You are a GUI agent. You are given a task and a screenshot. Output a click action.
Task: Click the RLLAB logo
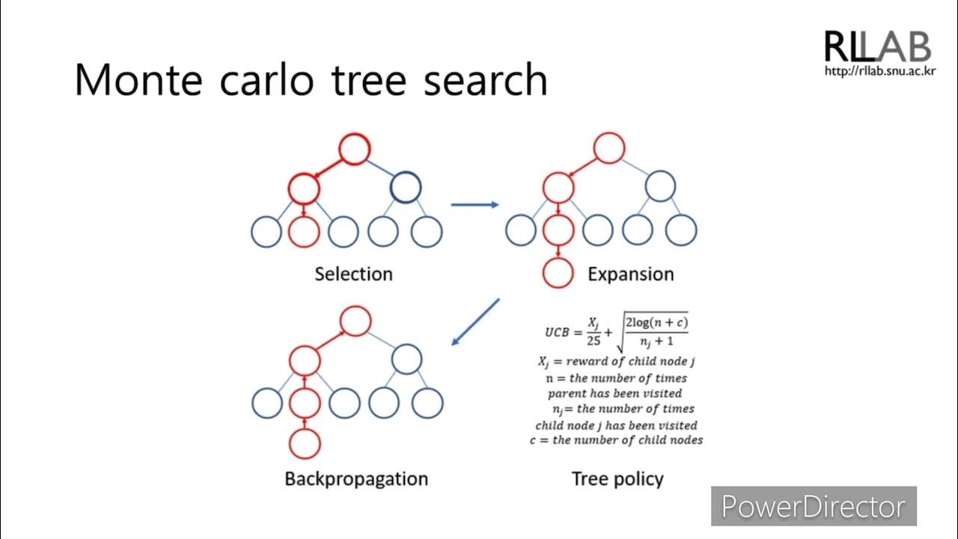877,46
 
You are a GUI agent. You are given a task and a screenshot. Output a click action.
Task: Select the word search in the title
485,79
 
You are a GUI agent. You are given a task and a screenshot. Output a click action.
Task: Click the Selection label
353,274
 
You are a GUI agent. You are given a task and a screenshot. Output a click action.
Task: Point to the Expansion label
630,274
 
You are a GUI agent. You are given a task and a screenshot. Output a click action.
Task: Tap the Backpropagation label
356,479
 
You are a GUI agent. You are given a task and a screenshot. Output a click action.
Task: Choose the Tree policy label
617,479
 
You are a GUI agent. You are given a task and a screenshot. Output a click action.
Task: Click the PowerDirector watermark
813,507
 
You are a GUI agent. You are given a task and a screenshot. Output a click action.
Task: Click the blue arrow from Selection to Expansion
475,204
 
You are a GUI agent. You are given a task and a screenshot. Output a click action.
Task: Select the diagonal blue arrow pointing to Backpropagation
476,322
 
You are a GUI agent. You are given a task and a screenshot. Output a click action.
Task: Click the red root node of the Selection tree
353,149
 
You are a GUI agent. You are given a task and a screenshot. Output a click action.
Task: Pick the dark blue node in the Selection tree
406,187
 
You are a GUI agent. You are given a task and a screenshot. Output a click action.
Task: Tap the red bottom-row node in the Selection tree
304,231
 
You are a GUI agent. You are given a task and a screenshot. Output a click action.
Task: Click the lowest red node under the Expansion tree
558,273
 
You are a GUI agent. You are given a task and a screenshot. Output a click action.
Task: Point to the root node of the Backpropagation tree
355,321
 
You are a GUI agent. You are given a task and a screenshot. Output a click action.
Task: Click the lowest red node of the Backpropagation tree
304,443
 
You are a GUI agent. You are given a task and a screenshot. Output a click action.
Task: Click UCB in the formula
560,330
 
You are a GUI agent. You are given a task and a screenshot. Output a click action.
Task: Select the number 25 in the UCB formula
593,340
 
